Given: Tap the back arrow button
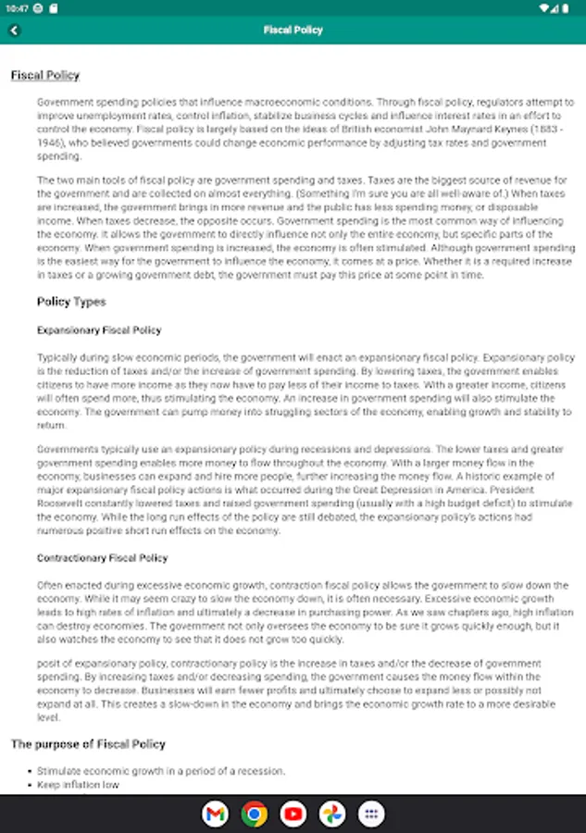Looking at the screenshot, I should [15, 30].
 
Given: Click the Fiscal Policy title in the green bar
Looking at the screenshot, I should [293, 30].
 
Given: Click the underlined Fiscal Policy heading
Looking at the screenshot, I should [45, 76].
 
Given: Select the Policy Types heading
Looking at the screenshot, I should [71, 302].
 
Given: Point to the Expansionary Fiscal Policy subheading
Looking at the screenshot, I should [99, 330].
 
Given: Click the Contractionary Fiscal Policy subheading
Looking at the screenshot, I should [102, 559].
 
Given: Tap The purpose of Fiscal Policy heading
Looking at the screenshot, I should [88, 744].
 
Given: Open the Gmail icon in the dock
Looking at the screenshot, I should [215, 814].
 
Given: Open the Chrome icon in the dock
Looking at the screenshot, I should [254, 814].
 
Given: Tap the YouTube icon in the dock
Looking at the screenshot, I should [293, 814].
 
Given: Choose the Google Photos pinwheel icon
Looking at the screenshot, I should [332, 814].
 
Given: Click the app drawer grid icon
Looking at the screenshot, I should [371, 814].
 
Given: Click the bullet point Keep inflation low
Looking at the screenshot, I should [79, 785].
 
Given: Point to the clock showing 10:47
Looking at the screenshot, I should [16, 8].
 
